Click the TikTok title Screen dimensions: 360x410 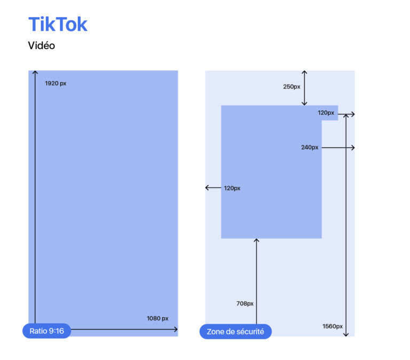point(58,25)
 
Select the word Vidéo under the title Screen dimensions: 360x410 point(42,46)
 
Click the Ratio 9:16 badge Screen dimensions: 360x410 point(46,331)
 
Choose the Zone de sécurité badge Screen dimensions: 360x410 point(235,331)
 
